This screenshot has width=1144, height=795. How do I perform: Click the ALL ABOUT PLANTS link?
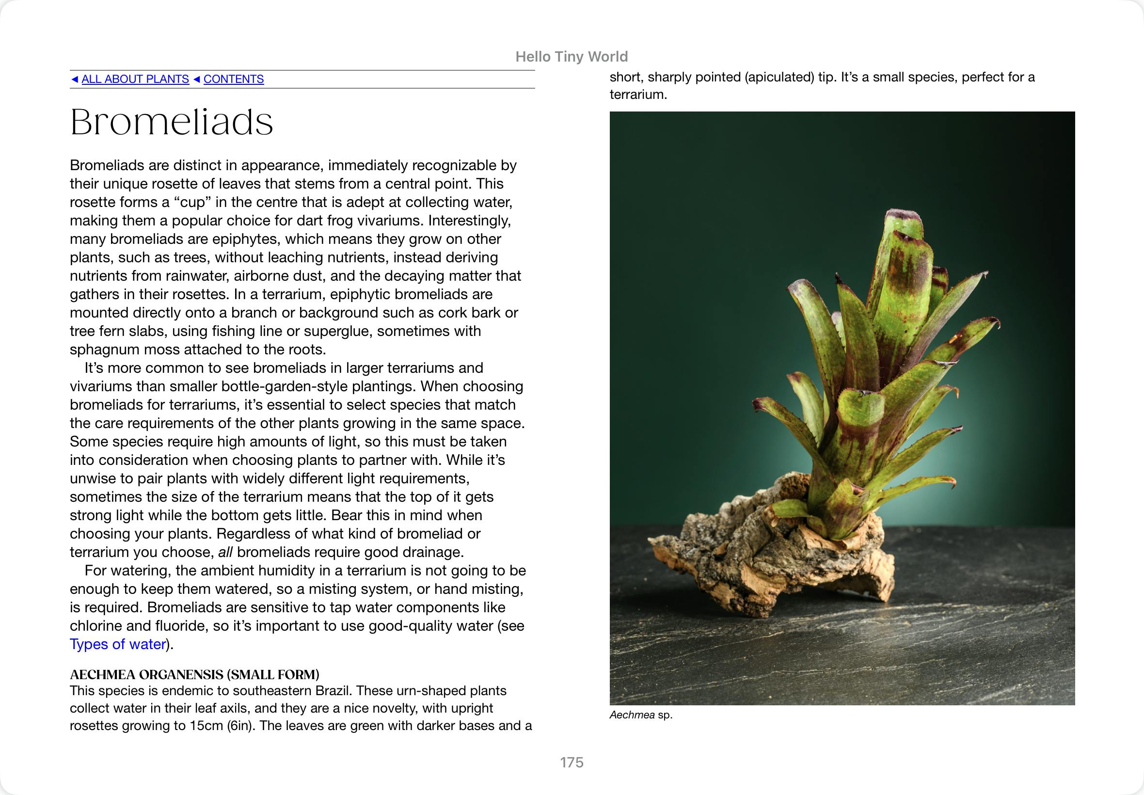(x=135, y=79)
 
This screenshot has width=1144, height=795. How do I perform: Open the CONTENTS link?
(x=233, y=79)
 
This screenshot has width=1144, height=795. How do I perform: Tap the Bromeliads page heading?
(x=172, y=122)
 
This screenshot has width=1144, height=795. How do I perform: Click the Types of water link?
(x=117, y=644)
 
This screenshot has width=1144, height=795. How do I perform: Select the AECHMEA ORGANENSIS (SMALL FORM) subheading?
(x=194, y=674)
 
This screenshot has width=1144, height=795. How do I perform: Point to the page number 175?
(x=571, y=762)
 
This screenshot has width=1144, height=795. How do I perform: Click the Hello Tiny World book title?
(x=571, y=57)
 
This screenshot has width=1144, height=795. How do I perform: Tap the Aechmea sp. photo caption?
(x=640, y=715)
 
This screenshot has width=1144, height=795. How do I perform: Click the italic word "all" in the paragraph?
(x=225, y=552)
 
